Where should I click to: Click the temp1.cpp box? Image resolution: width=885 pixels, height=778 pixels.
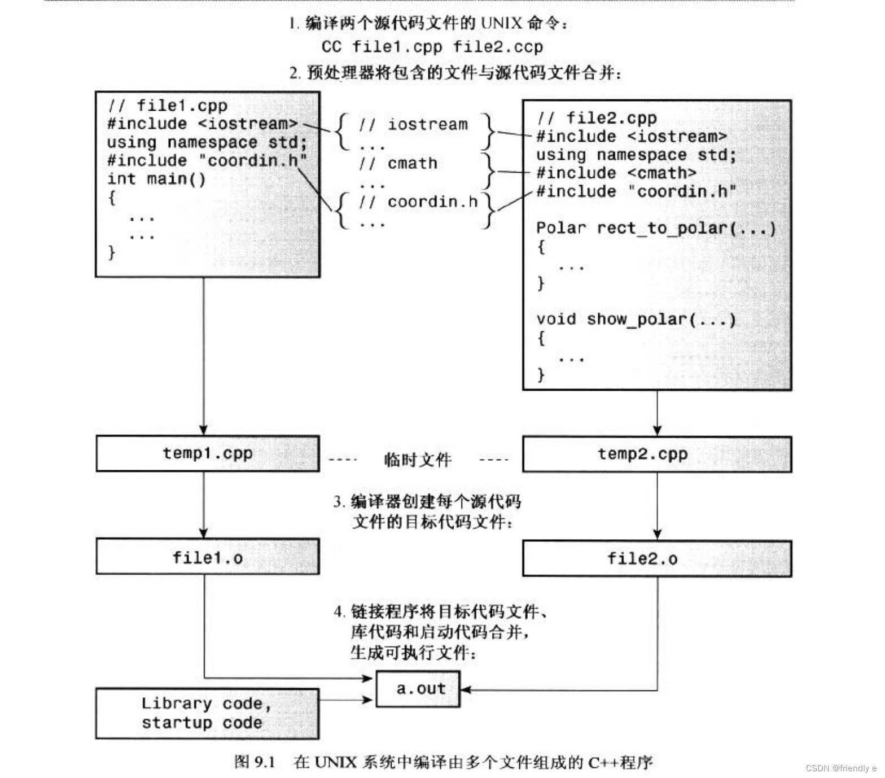tap(207, 453)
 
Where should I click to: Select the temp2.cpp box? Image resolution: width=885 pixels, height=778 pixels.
tap(656, 454)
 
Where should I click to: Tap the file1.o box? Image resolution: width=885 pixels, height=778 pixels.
tap(207, 557)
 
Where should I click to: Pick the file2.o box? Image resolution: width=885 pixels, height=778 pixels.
tap(656, 558)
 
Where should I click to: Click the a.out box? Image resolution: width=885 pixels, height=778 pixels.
tap(418, 689)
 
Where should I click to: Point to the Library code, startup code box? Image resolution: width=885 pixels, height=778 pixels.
tap(207, 713)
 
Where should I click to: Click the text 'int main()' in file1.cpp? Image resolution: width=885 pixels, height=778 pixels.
tap(156, 179)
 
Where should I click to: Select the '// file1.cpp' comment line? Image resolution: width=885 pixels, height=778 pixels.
tap(167, 106)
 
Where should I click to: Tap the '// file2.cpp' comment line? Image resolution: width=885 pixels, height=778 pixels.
tap(597, 118)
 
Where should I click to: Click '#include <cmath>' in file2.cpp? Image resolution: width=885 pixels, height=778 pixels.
tap(616, 173)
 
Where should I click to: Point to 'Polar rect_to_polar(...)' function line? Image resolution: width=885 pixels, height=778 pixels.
tap(655, 228)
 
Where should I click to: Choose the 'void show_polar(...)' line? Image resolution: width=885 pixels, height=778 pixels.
tap(636, 320)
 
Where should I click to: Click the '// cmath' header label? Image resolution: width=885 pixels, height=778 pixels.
tap(398, 164)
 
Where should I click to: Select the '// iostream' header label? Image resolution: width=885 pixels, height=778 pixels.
tap(413, 125)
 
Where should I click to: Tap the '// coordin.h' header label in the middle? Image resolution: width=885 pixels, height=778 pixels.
tap(418, 202)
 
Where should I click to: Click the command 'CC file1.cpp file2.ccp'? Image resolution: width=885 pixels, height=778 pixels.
tap(432, 47)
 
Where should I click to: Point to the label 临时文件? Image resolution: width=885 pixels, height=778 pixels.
tap(418, 460)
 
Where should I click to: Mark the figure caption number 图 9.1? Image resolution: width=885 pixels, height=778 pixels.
tap(254, 762)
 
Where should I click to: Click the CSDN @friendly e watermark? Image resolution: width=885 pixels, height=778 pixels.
tap(840, 768)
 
